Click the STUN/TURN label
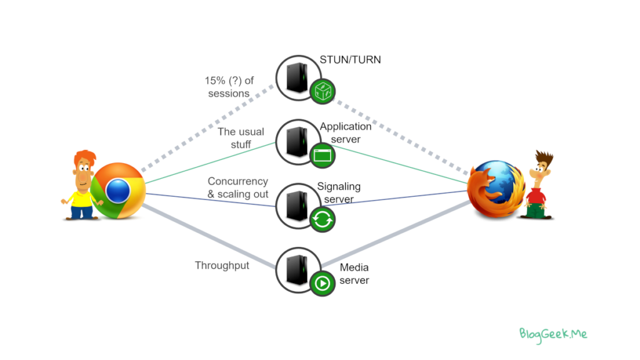(350, 59)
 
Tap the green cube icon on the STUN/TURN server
(322, 91)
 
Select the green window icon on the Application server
(322, 156)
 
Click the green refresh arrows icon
(322, 219)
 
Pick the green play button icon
(322, 283)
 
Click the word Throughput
(222, 266)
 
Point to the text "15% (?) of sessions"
(229, 87)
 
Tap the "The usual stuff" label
(241, 138)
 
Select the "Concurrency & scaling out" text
(238, 187)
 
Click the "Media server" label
(354, 274)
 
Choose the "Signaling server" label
(339, 192)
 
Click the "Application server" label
(346, 132)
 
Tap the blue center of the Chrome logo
(118, 191)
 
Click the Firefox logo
(496, 189)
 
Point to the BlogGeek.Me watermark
(553, 334)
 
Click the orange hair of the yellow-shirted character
(86, 156)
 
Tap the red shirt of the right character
(536, 196)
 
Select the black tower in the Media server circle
(297, 270)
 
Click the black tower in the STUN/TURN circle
(297, 77)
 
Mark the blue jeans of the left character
(81, 211)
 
